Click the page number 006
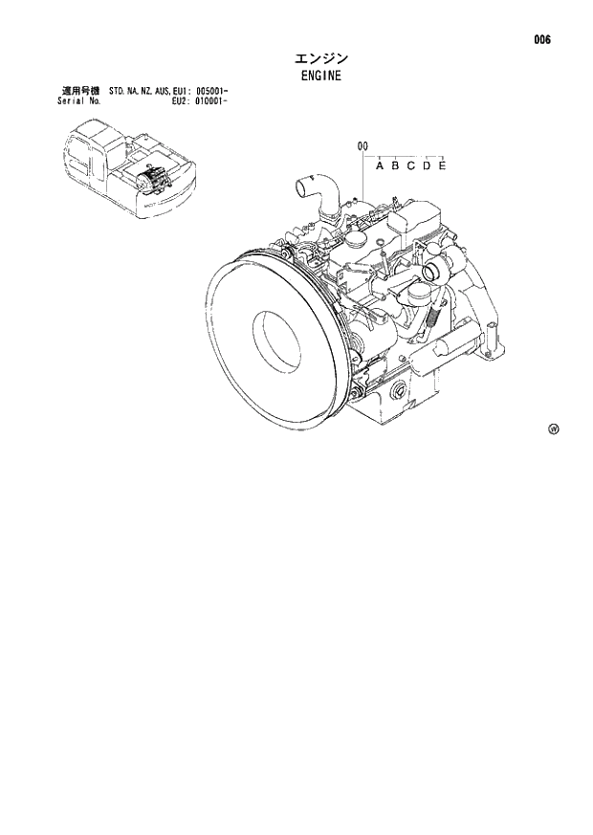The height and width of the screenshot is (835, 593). pos(542,40)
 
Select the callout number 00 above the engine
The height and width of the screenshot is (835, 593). pos(362,146)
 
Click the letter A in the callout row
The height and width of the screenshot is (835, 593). pos(380,166)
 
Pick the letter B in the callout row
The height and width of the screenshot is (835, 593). pos(395,166)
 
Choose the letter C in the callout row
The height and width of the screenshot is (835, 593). pos(410,166)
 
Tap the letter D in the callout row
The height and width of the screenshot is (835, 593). pos(427,166)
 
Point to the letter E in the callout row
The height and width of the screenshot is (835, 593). pos(442,166)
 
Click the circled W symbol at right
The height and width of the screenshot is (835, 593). pos(553,428)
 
